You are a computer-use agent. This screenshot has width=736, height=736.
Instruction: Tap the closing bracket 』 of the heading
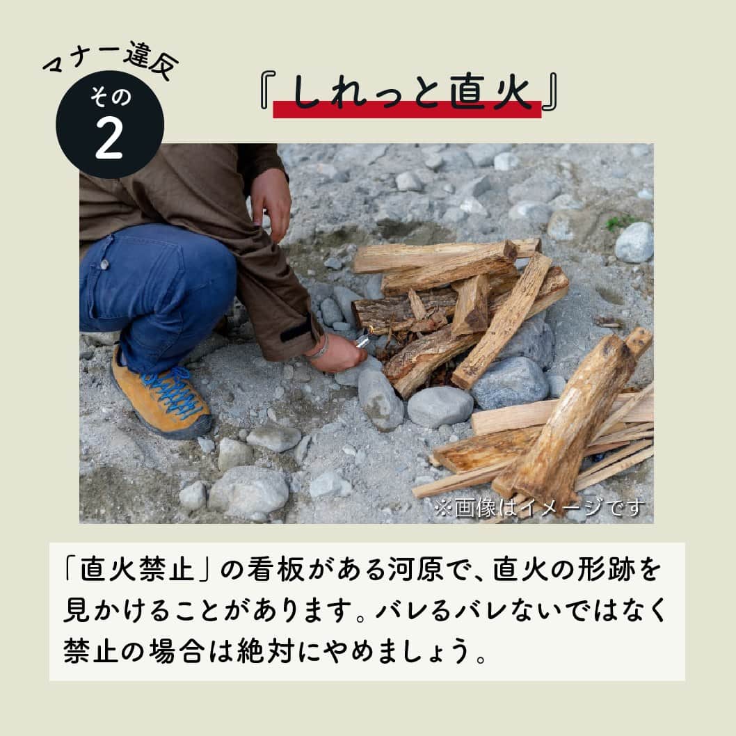coord(550,95)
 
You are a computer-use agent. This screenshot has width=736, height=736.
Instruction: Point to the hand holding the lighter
coord(338,351)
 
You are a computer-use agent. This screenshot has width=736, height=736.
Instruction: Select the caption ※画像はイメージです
coord(539,509)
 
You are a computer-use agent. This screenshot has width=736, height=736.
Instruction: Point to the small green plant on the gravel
coord(618,222)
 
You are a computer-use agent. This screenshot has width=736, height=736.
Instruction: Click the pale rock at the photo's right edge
coord(634,241)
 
